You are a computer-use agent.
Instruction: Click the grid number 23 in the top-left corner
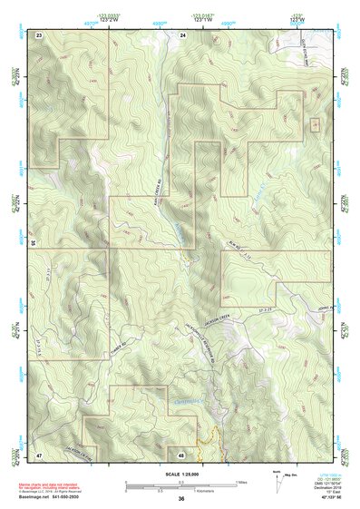(39, 34)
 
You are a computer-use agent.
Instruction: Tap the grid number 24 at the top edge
(182, 34)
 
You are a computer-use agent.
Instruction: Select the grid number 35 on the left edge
(33, 243)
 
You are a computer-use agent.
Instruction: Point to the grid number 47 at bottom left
(39, 453)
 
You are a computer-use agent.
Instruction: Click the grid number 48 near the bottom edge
(182, 453)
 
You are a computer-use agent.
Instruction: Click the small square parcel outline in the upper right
(315, 124)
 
